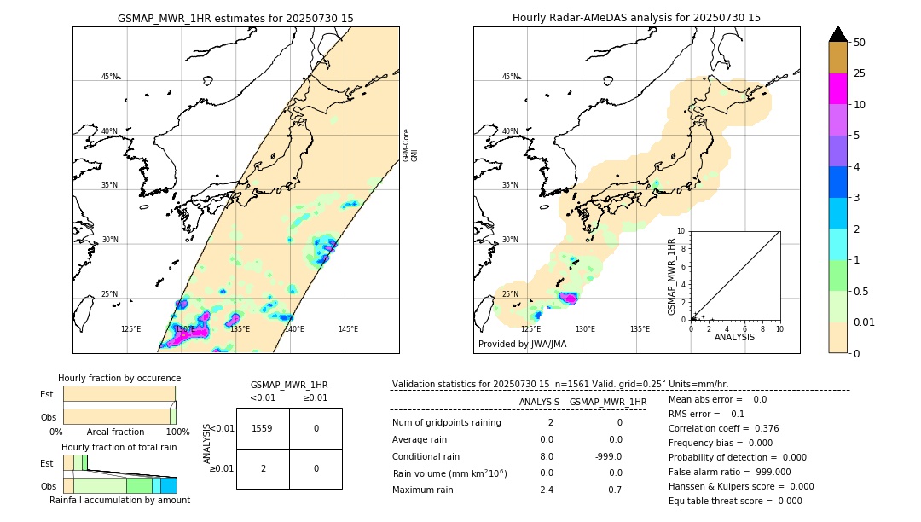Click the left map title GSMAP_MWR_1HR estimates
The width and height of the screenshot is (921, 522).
coord(235,18)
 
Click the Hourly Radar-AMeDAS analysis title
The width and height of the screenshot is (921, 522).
coord(636,18)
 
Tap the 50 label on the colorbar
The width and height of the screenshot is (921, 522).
coord(860,43)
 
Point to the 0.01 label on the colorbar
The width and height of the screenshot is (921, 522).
coord(865,322)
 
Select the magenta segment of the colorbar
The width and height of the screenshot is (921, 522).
coord(837,89)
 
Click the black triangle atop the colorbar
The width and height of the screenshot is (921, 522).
coord(837,34)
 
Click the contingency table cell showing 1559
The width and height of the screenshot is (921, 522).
coord(263,428)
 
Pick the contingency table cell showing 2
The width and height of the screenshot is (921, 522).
coord(263,468)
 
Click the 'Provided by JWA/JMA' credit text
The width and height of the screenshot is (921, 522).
coord(522,345)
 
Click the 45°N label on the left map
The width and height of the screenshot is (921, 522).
coord(109,77)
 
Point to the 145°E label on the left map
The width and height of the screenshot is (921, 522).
coord(348,329)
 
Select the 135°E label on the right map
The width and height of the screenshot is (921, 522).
coord(640,329)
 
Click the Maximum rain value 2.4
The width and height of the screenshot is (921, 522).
coord(546,490)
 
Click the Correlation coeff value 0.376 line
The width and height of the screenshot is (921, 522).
coord(723,428)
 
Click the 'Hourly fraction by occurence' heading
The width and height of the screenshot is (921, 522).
coord(119,378)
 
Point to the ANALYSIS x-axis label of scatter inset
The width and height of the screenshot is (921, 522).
coord(734,338)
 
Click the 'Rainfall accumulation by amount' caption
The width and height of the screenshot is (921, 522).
coord(119,500)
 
